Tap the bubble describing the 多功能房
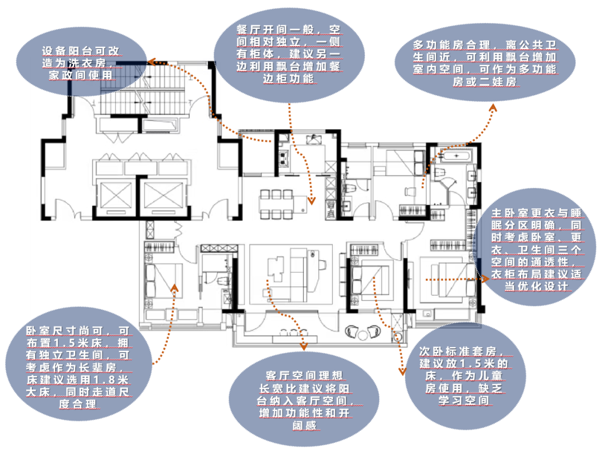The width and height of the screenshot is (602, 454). (x=485, y=62)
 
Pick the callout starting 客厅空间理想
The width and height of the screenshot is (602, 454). (x=304, y=399)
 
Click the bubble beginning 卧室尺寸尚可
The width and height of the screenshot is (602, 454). (x=79, y=366)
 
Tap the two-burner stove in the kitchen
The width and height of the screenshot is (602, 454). (x=284, y=158)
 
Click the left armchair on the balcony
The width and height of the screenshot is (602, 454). (x=351, y=331)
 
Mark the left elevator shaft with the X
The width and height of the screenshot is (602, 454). (x=115, y=196)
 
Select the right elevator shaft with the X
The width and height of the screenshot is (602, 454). (x=163, y=196)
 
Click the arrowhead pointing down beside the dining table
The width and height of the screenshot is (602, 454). (x=312, y=201)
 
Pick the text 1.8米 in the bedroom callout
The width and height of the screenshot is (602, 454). (x=111, y=379)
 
